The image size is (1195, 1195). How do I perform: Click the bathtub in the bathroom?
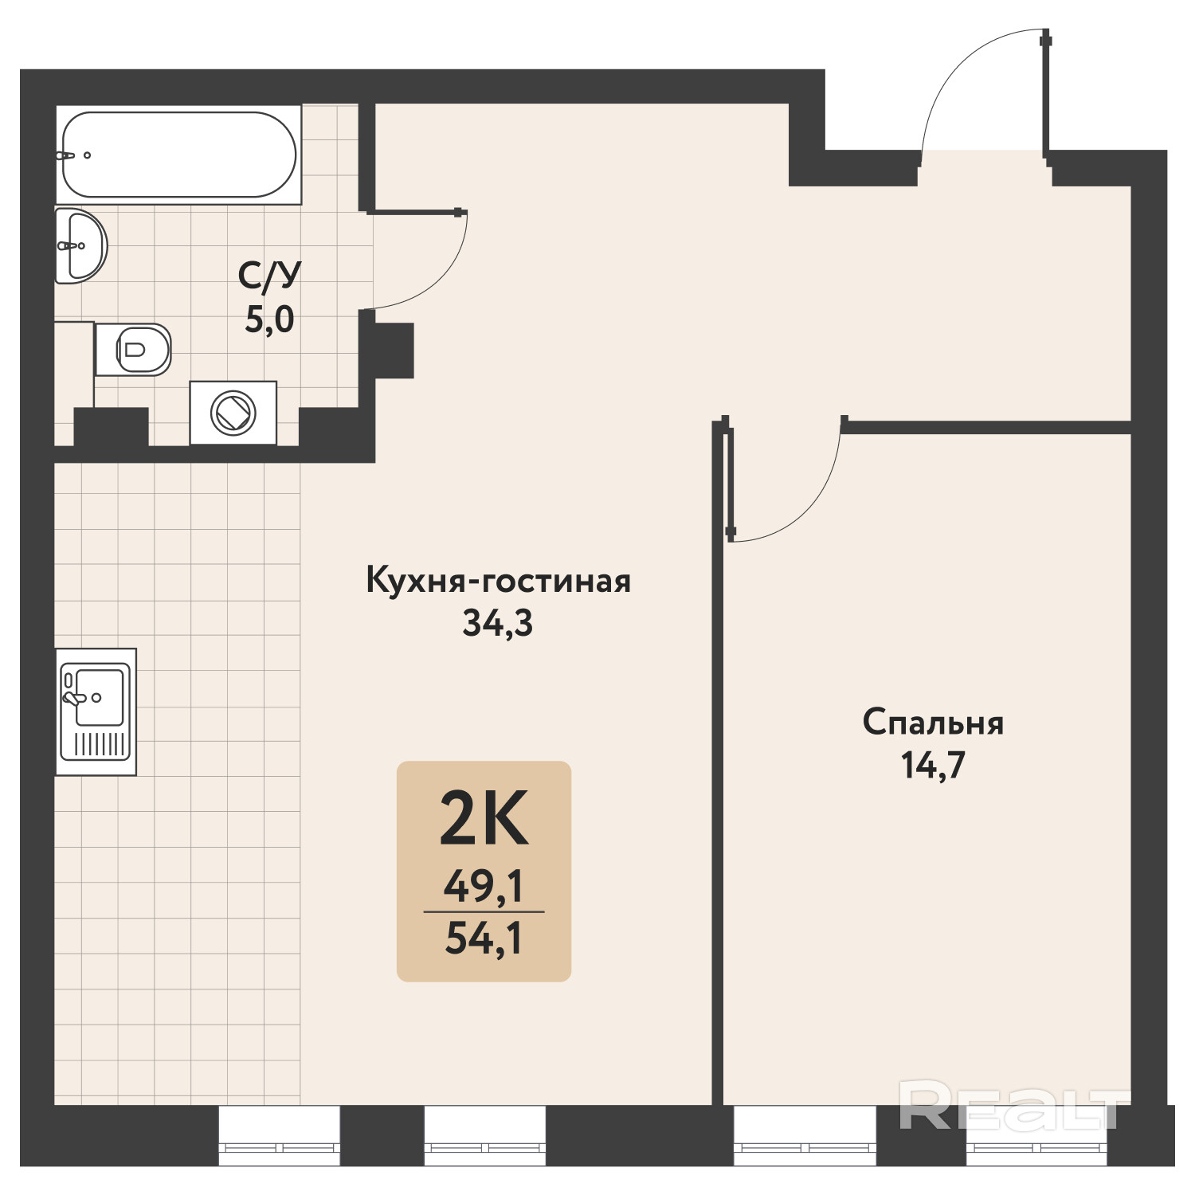[x=179, y=155]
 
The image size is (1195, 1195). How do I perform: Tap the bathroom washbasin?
[x=80, y=245]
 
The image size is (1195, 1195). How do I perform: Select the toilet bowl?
[x=133, y=349]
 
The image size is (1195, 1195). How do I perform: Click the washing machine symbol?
[x=233, y=413]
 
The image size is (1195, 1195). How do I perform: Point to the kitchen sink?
[x=96, y=711]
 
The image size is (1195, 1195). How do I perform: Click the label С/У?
[x=269, y=276]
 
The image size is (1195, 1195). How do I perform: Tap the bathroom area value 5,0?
[x=269, y=319]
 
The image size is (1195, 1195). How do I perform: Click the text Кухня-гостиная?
[x=499, y=581]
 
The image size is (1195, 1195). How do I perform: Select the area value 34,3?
[x=498, y=624]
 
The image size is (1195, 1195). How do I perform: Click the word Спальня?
[x=933, y=723]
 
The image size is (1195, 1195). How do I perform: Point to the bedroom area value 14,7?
[x=933, y=766]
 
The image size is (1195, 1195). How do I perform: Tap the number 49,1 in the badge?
[x=484, y=886]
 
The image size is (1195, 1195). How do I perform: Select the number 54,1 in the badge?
[x=484, y=938]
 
